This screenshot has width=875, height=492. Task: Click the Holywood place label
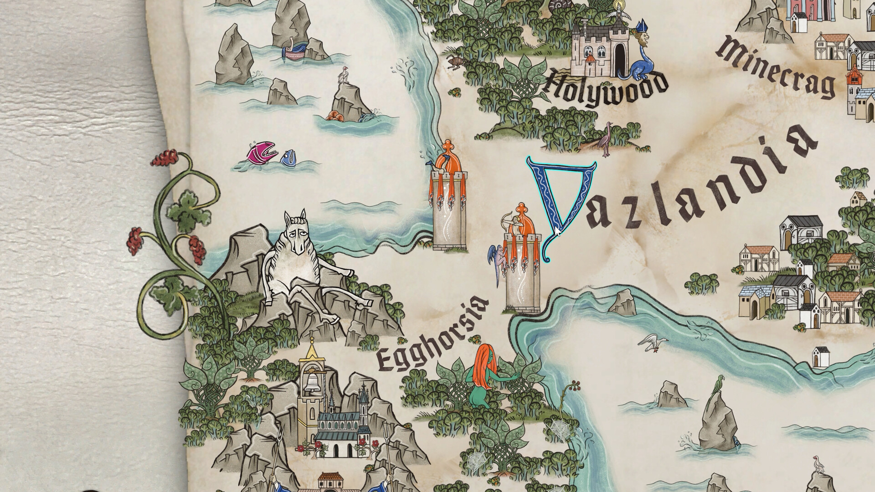[606, 90]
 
